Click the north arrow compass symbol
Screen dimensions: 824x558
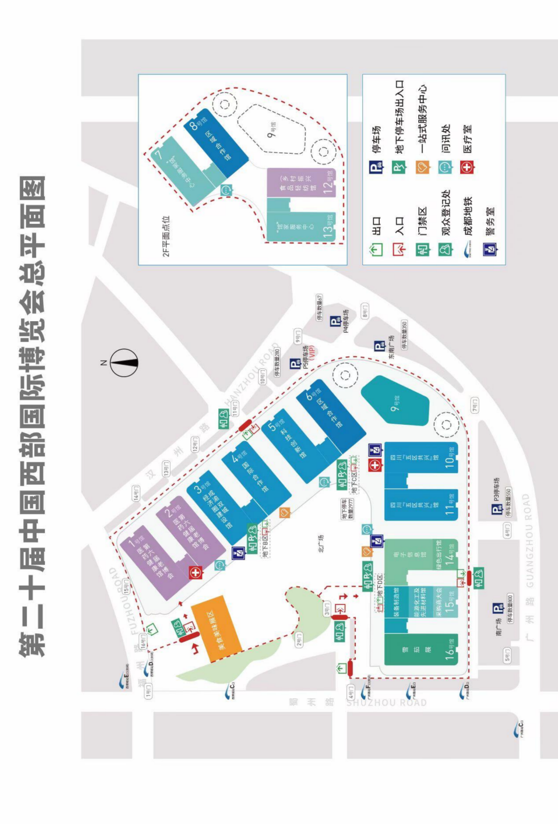(x=123, y=362)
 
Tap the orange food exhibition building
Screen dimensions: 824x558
(x=216, y=628)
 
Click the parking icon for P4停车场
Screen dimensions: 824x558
(x=335, y=321)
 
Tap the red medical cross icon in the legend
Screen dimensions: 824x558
(x=467, y=168)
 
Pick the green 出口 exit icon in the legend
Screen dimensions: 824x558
(x=376, y=250)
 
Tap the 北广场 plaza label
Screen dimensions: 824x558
(x=321, y=543)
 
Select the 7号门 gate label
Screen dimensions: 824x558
(x=475, y=406)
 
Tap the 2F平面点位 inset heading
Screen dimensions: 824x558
(x=166, y=236)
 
